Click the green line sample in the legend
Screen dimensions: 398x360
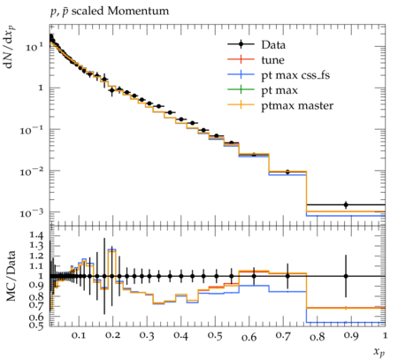[241, 89]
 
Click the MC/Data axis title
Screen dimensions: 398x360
[11, 276]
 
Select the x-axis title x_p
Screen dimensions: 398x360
[379, 351]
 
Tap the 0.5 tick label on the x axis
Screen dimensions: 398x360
[214, 335]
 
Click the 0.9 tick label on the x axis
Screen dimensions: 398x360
[351, 335]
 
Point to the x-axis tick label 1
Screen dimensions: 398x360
[385, 335]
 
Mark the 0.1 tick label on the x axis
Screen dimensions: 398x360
[78, 335]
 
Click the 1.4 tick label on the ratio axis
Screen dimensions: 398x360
[35, 235]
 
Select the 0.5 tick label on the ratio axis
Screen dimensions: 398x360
[35, 325]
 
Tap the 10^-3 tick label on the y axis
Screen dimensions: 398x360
[31, 213]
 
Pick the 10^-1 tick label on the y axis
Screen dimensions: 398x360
[31, 130]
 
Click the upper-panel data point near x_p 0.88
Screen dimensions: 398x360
[346, 204]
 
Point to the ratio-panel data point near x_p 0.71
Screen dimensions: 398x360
[287, 276]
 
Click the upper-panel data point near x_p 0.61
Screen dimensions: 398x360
[254, 154]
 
